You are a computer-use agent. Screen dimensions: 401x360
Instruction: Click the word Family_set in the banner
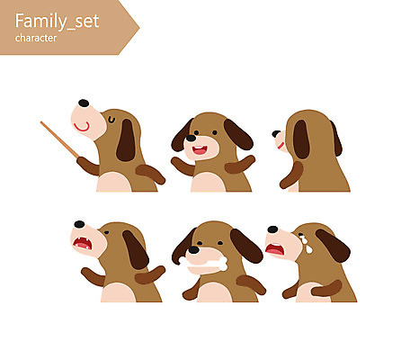click(x=57, y=22)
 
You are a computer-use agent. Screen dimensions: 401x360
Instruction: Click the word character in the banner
click(x=36, y=38)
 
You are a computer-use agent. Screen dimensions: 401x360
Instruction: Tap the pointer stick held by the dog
click(x=59, y=139)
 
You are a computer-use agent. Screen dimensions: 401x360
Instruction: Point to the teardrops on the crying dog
click(x=306, y=243)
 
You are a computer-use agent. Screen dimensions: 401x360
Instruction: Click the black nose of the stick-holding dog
click(x=84, y=103)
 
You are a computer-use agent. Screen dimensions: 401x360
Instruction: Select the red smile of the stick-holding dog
click(x=82, y=127)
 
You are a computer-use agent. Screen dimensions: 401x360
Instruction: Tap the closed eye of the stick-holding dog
click(x=111, y=120)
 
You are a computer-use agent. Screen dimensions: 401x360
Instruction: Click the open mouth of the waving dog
click(x=200, y=150)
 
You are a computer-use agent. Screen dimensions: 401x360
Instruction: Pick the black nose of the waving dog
click(x=191, y=138)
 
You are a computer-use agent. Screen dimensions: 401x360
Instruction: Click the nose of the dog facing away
click(x=276, y=134)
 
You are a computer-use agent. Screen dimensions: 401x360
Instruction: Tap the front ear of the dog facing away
click(x=301, y=139)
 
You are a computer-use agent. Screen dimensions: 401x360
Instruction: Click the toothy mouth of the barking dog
click(x=83, y=243)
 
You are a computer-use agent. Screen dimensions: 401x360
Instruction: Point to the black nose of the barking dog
click(x=79, y=224)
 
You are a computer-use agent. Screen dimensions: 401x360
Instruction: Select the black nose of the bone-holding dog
click(x=193, y=249)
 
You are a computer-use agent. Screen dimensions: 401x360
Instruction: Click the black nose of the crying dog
click(x=272, y=229)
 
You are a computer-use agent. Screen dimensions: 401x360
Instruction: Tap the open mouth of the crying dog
click(x=275, y=249)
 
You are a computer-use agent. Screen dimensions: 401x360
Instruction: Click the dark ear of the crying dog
click(x=333, y=246)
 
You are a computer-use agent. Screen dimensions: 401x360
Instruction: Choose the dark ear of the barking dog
click(x=136, y=249)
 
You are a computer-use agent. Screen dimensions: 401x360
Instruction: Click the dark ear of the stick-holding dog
click(x=126, y=140)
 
